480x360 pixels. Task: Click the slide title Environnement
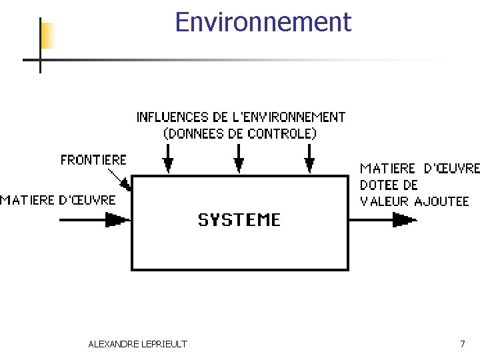point(262,23)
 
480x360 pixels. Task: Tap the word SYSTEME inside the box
point(239,219)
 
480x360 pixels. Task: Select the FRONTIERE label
point(93,160)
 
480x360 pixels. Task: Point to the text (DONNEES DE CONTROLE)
point(240,133)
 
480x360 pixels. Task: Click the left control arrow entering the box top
point(169,162)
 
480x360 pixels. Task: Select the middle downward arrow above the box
point(239,162)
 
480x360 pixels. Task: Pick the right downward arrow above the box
point(309,162)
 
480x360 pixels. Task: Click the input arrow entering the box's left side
point(113,219)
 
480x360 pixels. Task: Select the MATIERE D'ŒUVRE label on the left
point(58,200)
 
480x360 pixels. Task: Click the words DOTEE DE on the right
point(389,185)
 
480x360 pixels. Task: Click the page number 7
point(463,344)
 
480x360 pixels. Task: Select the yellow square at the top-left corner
point(48,35)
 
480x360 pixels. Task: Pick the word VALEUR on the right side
point(385,201)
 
